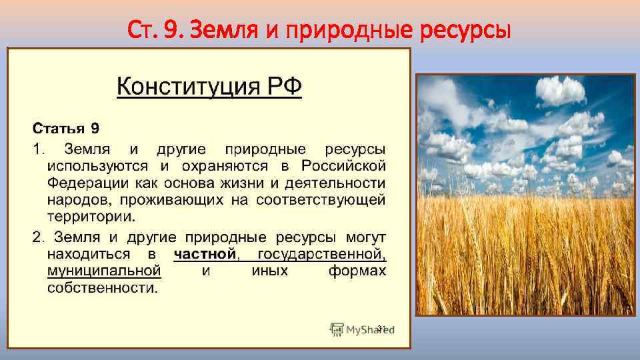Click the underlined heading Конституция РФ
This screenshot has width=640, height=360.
tap(209, 87)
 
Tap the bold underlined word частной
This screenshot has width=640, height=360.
tap(205, 254)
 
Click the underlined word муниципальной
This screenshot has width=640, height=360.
tap(104, 271)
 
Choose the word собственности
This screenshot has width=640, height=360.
tap(103, 289)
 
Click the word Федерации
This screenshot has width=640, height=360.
tap(80, 182)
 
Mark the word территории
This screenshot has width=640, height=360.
tap(90, 217)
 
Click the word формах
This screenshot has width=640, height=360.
tap(357, 271)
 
